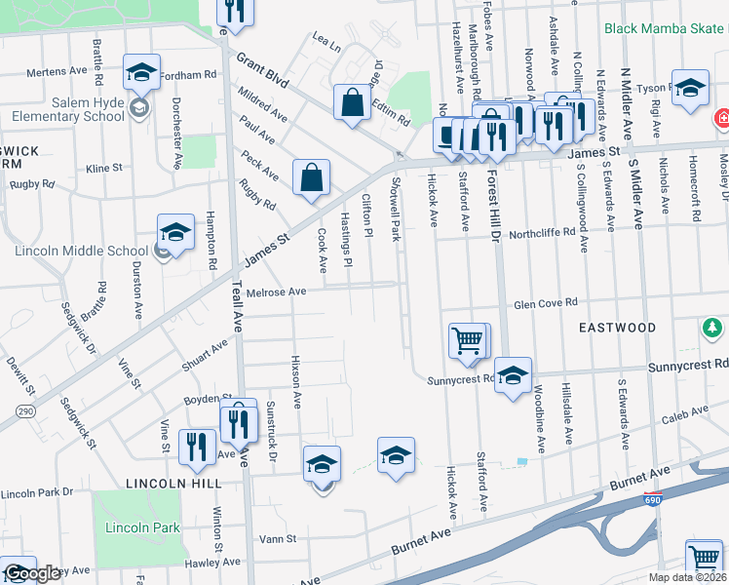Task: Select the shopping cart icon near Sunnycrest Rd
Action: click(x=467, y=341)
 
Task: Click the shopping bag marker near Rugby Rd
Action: click(x=311, y=178)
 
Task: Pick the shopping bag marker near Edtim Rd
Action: click(x=351, y=102)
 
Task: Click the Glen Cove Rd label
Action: click(x=546, y=302)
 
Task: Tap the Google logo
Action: click(x=31, y=573)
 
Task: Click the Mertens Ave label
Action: click(x=57, y=71)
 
